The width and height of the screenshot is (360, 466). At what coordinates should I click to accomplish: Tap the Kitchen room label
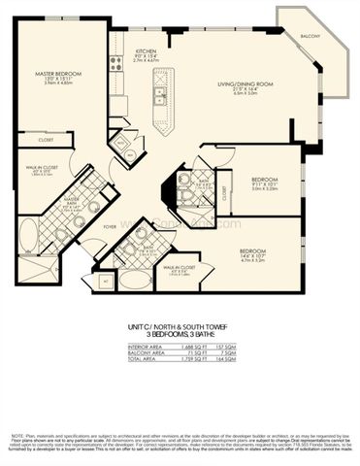(x=146, y=50)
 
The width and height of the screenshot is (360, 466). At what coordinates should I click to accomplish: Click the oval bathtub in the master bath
(x=28, y=234)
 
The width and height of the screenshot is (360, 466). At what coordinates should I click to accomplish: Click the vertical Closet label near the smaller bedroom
(x=224, y=194)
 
